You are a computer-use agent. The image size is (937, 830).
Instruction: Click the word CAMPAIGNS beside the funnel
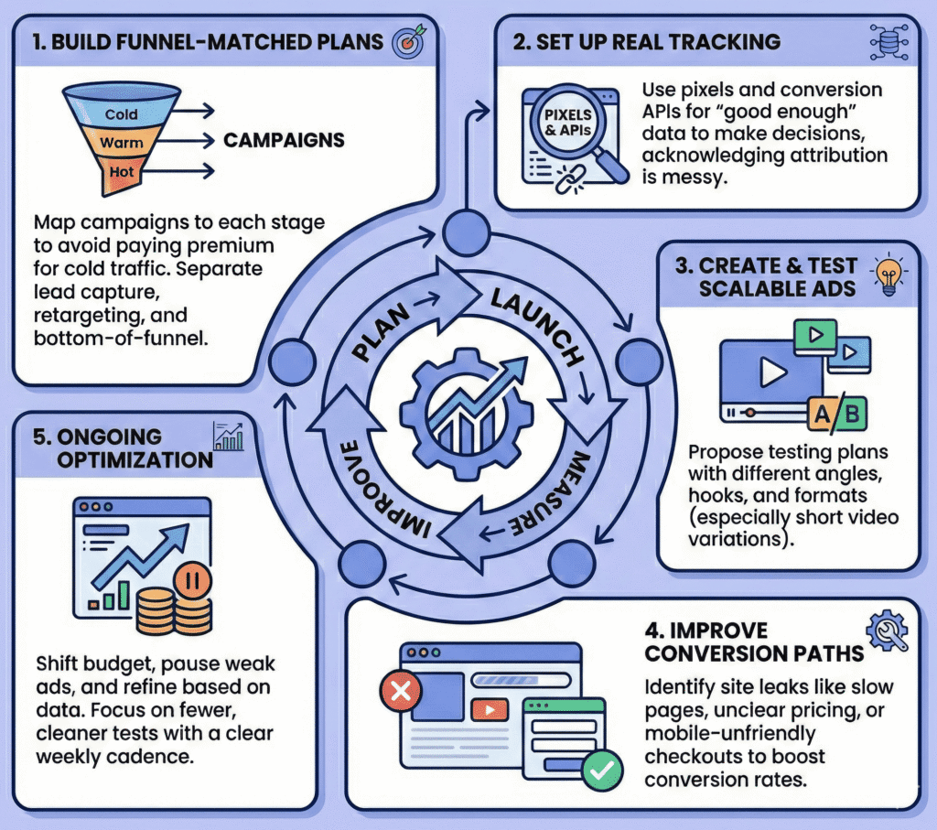point(285,141)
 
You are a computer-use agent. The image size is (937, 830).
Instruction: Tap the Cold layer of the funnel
point(121,114)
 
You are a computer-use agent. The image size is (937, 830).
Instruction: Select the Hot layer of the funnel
point(121,172)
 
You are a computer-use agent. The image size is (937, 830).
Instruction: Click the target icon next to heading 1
point(407,42)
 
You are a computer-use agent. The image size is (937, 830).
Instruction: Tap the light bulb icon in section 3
point(889,274)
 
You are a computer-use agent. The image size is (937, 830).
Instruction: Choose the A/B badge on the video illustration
point(836,414)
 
